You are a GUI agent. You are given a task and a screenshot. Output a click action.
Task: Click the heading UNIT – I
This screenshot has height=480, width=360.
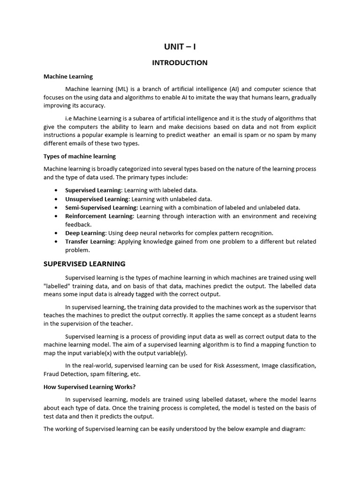pos(180,46)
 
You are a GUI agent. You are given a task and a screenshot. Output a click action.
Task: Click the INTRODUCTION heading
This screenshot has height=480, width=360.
pos(180,63)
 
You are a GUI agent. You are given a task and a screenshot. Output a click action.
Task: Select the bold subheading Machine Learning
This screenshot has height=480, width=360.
pos(68,76)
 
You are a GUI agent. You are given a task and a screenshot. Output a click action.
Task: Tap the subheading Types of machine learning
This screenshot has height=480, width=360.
pos(80,156)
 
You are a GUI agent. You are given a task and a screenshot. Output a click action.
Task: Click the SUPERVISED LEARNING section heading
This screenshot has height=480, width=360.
pos(84,264)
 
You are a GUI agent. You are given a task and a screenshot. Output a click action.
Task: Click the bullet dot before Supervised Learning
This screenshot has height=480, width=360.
pos(56,191)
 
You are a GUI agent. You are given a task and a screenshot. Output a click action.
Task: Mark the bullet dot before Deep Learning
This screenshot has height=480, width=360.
pos(56,233)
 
